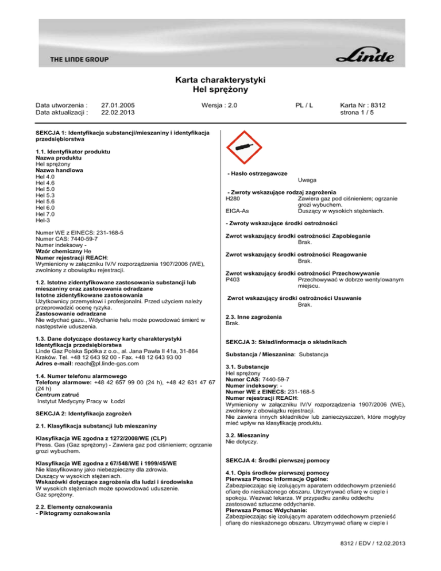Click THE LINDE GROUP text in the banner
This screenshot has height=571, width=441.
pyautogui.click(x=79, y=59)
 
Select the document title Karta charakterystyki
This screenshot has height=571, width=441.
pyautogui.click(x=220, y=80)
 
